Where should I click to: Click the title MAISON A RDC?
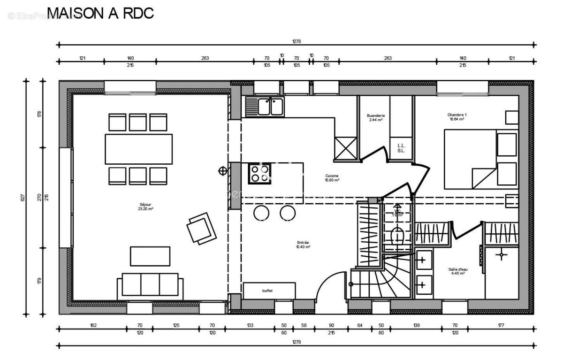click(101, 13)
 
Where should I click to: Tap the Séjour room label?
click(145, 207)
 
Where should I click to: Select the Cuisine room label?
click(332, 177)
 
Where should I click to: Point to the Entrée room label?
click(303, 245)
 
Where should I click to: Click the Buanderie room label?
click(376, 117)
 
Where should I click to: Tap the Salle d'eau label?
click(457, 271)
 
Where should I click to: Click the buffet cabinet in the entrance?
click(269, 291)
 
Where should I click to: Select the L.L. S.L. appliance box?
click(401, 148)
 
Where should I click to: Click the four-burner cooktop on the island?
click(259, 173)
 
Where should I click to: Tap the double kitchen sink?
click(265, 107)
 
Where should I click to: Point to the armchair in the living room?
click(201, 228)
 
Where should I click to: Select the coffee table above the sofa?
click(150, 256)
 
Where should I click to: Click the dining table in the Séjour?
click(138, 149)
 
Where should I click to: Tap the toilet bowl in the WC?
click(397, 235)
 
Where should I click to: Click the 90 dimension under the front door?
click(331, 325)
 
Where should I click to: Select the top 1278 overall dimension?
click(296, 41)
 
